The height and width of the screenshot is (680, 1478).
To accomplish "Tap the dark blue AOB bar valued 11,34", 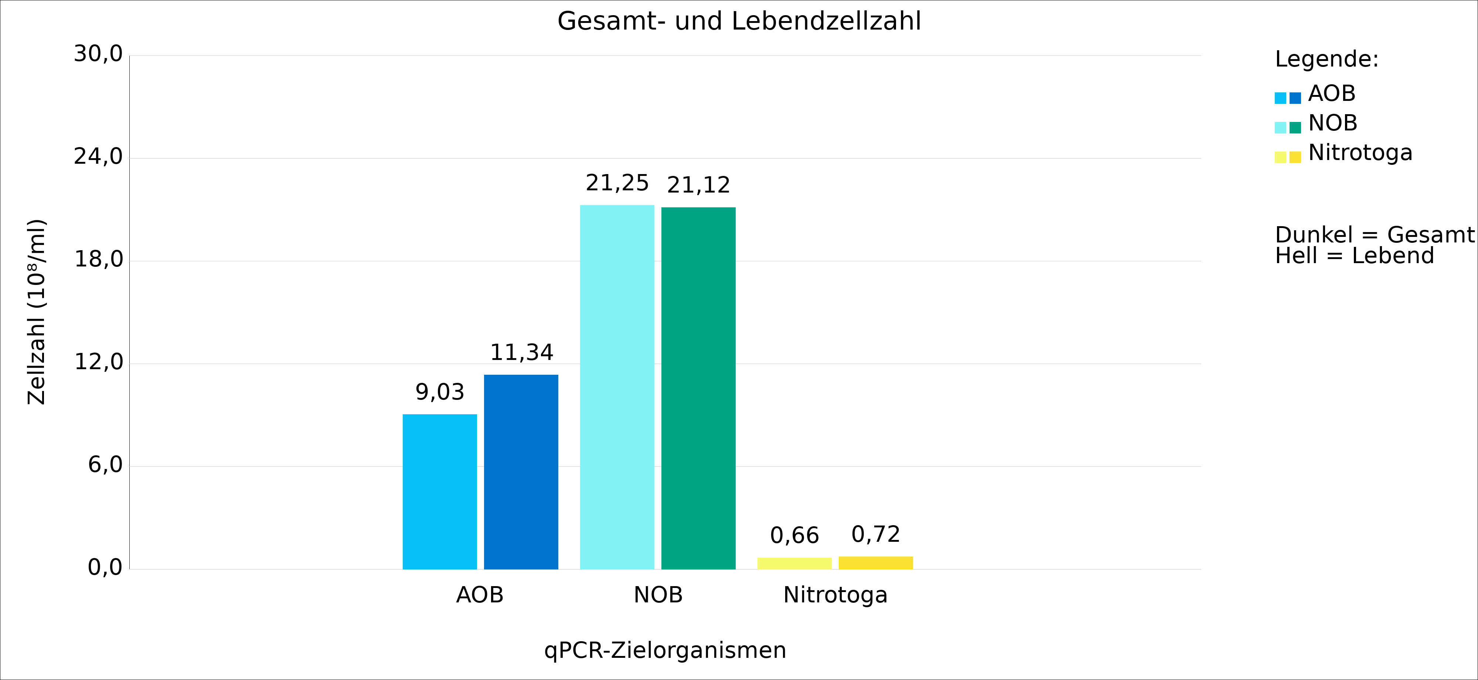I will coord(521,472).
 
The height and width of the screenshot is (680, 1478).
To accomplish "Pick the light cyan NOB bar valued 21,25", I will coord(617,387).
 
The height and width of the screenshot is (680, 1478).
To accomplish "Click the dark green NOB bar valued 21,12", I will coord(698,388).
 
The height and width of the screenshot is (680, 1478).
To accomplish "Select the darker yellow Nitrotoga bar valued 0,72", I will coord(876,562).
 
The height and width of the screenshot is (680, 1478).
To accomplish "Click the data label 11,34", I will coord(521,352).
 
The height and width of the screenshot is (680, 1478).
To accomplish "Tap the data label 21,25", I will coord(617,183).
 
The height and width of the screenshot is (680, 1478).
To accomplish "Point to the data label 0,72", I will coord(876,534).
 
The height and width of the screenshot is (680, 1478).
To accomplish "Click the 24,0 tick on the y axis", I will coord(98,157).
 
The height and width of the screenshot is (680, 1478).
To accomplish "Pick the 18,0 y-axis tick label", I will coord(98,259).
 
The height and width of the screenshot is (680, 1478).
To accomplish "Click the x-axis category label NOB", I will coord(658,595).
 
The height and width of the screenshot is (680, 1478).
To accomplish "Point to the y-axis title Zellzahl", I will coord(36,312).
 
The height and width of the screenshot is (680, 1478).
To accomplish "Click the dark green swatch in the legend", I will coord(1295,127).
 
